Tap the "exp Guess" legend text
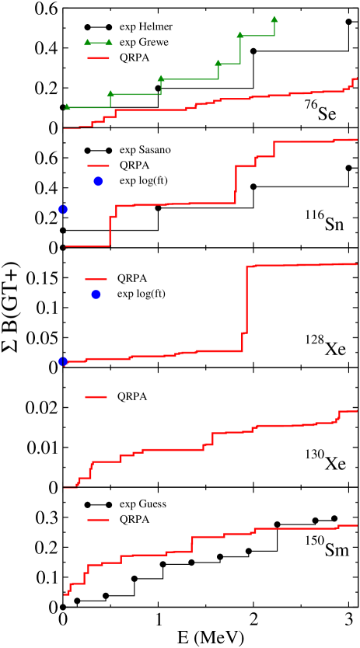[142, 503]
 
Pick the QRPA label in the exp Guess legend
[135, 520]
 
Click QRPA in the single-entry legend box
[132, 396]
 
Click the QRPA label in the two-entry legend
[132, 277]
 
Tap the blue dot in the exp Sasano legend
[98, 182]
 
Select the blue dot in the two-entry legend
[96, 294]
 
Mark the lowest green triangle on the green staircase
[67, 106]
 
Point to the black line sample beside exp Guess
[98, 503]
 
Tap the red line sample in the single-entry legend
[96, 396]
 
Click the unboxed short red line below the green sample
[98, 58]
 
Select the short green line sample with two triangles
[98, 42]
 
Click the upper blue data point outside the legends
[63, 209]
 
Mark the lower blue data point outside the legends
[63, 361]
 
